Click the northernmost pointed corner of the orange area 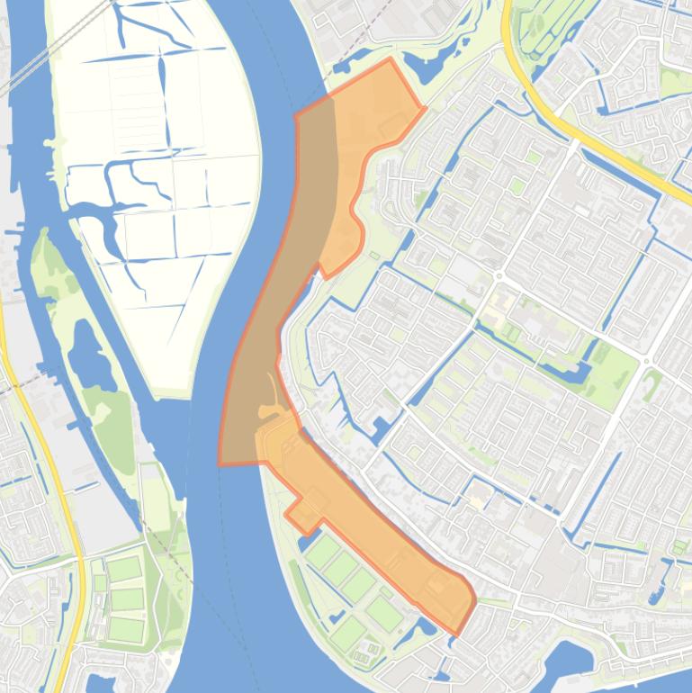click(x=390, y=60)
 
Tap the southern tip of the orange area click(x=456, y=634)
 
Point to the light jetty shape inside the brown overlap click(x=270, y=409)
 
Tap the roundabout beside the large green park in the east click(x=646, y=362)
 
